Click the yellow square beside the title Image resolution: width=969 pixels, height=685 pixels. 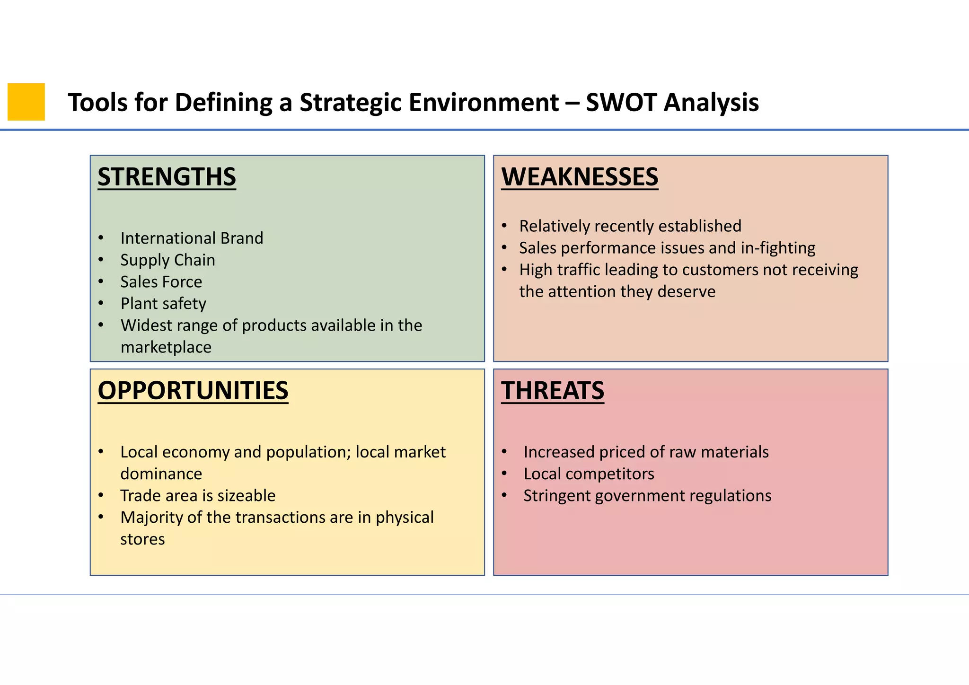[x=26, y=102]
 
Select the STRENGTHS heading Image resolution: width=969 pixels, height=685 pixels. [x=167, y=177]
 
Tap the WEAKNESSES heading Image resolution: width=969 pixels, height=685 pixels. [x=580, y=177]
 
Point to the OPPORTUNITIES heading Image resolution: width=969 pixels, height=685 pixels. [x=193, y=391]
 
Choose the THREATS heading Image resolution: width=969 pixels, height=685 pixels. [x=552, y=391]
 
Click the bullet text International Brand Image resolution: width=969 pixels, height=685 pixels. [x=192, y=238]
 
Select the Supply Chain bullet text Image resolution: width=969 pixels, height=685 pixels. [x=167, y=260]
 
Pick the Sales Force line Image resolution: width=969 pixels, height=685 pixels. [x=161, y=281]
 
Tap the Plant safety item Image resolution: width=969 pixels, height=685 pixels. [x=163, y=303]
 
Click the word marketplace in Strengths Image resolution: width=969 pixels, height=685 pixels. [x=166, y=347]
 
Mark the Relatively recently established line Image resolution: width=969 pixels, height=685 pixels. [x=630, y=226]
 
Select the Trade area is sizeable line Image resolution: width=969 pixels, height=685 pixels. [x=198, y=495]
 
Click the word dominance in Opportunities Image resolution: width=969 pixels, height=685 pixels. [x=161, y=474]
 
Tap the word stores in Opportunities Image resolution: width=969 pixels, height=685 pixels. [x=142, y=539]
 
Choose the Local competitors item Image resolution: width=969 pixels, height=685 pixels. [x=589, y=474]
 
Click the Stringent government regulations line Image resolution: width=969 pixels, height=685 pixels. [x=647, y=495]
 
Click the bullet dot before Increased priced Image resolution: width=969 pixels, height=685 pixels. [x=504, y=452]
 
